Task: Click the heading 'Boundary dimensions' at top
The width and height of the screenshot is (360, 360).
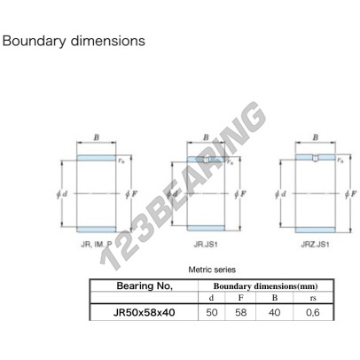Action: [74, 41]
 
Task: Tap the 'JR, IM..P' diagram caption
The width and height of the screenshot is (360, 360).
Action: [97, 245]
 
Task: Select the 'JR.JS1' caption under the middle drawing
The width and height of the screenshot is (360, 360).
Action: [206, 245]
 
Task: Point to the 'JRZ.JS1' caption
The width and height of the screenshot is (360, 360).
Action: [315, 245]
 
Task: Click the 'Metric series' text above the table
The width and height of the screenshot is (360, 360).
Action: [212, 270]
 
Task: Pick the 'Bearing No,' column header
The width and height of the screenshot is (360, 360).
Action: [145, 286]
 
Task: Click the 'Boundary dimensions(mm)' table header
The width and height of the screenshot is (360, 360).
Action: [265, 286]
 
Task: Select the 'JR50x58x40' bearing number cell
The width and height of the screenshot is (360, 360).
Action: [144, 312]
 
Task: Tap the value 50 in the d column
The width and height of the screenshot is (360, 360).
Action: [212, 312]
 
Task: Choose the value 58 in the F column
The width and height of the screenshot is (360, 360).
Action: [240, 312]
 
